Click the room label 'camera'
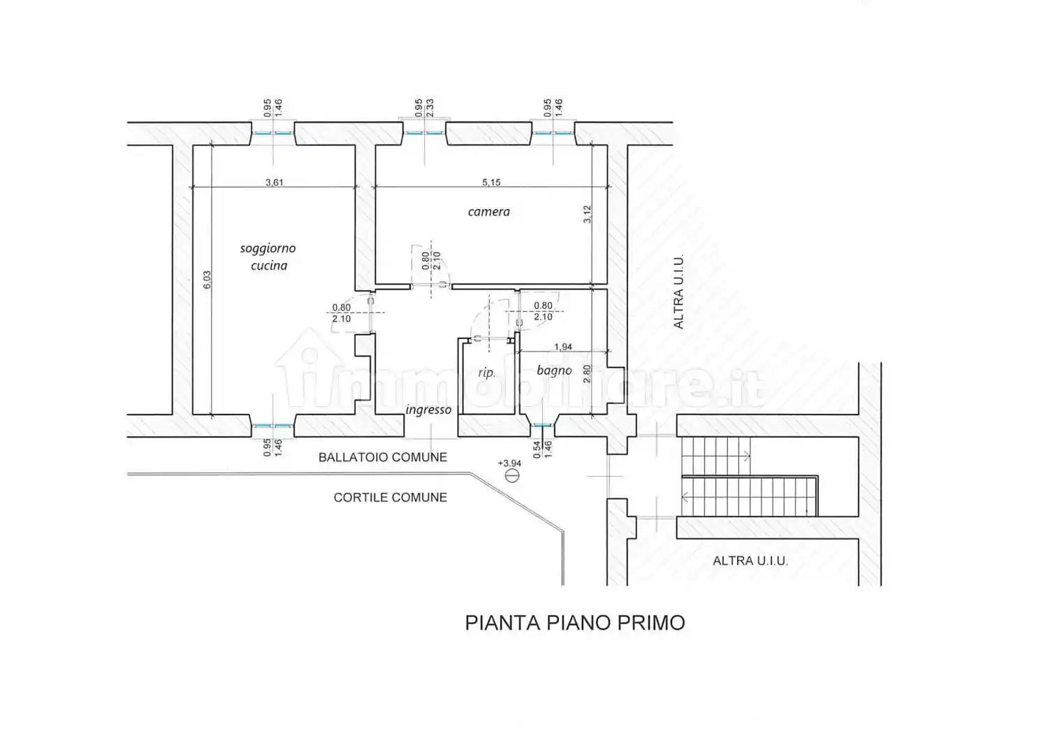coord(488,212)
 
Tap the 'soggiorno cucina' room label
coord(268,257)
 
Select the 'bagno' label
coord(554,370)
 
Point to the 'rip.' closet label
coord(487,373)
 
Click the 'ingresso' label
coord(428,410)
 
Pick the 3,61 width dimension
coord(274,182)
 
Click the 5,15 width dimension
coord(491,182)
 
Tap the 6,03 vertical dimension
coord(207,280)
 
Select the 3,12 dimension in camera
coord(587,215)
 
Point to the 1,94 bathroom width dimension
coord(563,347)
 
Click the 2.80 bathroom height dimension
coord(587,373)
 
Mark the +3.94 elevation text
coord(509,463)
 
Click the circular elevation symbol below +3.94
coord(511,475)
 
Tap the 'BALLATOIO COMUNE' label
coord(383,457)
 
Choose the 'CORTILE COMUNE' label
coord(390,498)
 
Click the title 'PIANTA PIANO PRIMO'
coord(574,623)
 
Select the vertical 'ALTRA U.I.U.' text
coord(678,292)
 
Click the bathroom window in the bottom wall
coord(542,425)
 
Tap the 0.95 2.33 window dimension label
coord(424,108)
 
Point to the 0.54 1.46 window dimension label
coord(542,449)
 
